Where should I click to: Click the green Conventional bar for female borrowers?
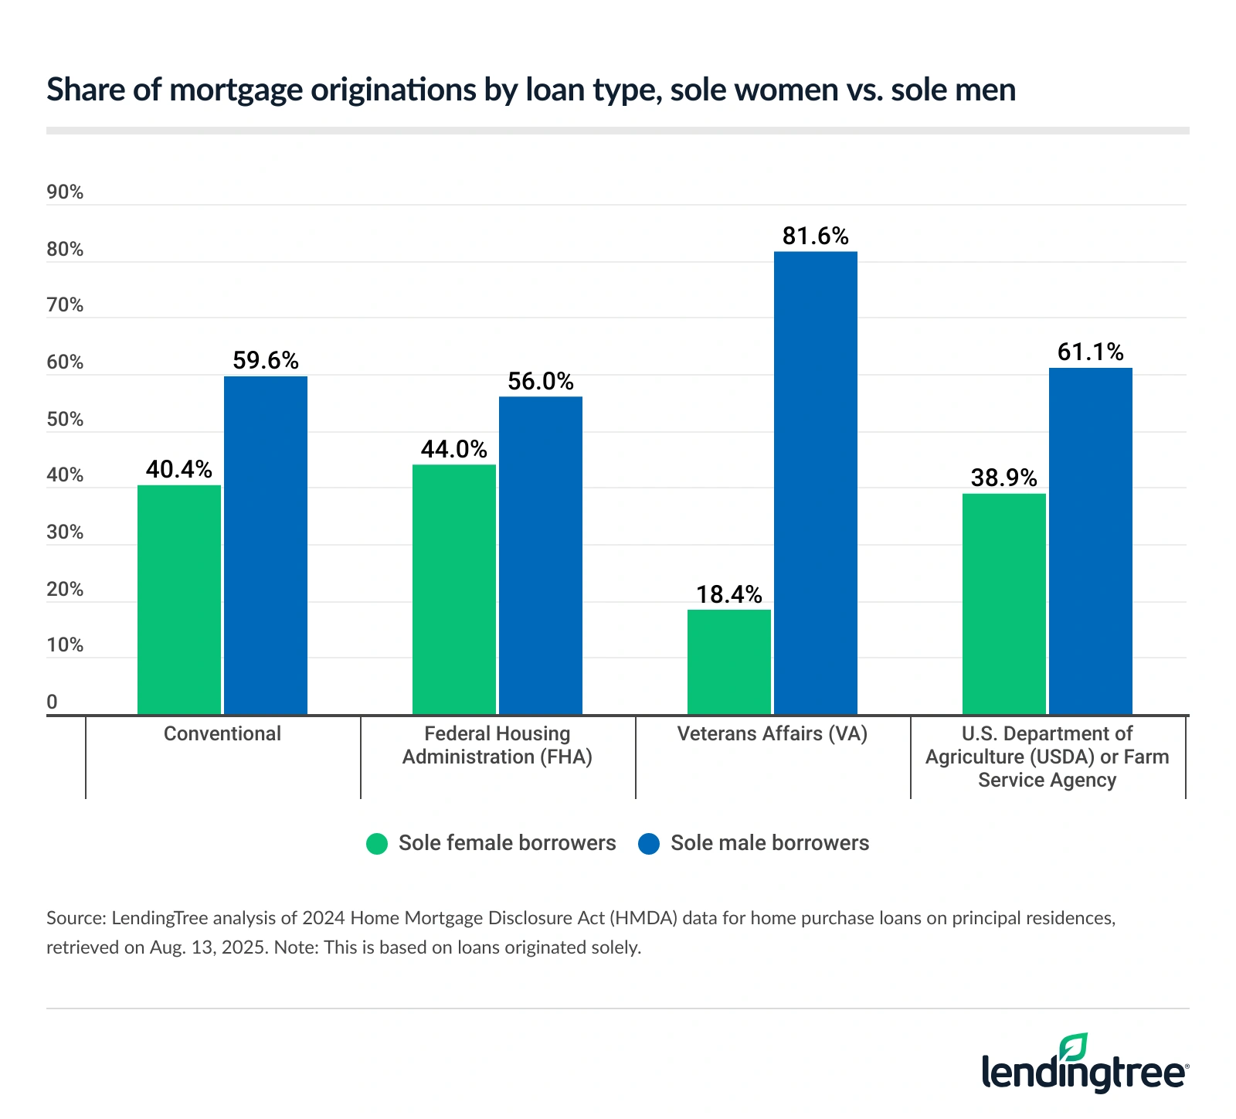[x=179, y=600]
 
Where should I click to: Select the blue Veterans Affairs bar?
[x=815, y=483]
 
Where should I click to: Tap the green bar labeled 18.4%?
[x=728, y=662]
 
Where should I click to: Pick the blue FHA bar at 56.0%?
[x=540, y=555]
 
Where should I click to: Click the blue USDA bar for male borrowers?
[x=1090, y=541]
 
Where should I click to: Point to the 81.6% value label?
[x=815, y=236]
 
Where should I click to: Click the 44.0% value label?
[x=453, y=449]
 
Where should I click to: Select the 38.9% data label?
[x=1003, y=478]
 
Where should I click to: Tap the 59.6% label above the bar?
[x=265, y=360]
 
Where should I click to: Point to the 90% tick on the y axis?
[x=65, y=192]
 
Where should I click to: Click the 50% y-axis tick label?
[x=65, y=420]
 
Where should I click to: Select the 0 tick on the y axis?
[x=53, y=702]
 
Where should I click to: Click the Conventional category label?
[x=222, y=733]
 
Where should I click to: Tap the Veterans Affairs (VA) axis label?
[x=772, y=733]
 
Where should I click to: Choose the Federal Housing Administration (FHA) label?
[x=497, y=745]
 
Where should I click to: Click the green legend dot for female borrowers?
[x=377, y=843]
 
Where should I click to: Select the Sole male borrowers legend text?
[x=769, y=843]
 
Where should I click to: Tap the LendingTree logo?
[x=1085, y=1065]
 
